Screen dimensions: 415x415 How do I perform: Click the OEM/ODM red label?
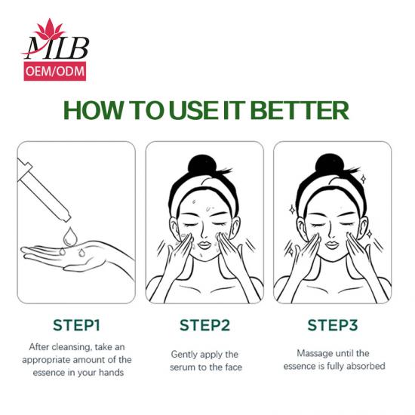55,71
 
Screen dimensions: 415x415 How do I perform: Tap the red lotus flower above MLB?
50,29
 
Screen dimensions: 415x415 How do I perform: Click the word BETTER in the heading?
300,110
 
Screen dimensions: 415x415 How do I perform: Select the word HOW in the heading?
94,110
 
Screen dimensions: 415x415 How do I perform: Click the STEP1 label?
76,325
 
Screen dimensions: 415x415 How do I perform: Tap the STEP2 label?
204,325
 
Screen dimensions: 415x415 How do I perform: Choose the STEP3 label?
333,325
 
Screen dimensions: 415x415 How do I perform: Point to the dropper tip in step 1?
66,217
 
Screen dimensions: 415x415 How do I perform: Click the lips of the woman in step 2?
204,245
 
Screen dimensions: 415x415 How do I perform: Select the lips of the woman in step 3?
332,244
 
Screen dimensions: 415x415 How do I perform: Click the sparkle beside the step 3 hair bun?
364,179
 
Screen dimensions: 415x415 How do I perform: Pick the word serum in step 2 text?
182,367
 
